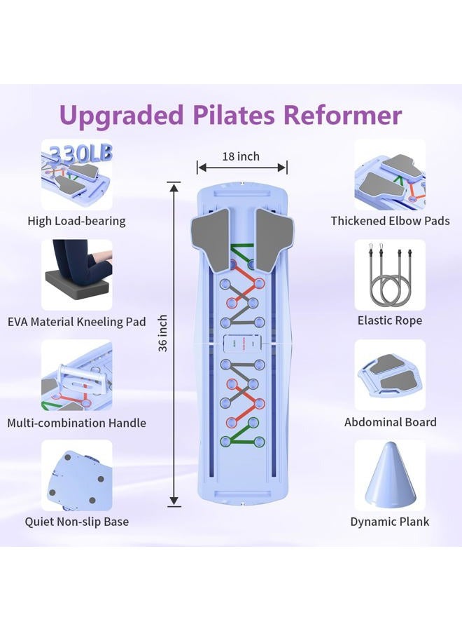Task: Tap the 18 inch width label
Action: (241, 156)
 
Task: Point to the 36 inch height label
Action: (162, 334)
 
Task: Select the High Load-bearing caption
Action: (77, 221)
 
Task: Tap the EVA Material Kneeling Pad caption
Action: (77, 322)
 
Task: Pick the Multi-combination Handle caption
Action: (77, 423)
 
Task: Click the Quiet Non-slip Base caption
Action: (77, 522)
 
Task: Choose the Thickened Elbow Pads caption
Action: (390, 221)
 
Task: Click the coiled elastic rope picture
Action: (390, 275)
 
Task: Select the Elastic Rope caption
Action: (390, 320)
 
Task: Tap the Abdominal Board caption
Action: (390, 422)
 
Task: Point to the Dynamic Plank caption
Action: (390, 522)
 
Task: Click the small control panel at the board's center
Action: (242, 344)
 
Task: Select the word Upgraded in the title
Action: (121, 116)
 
